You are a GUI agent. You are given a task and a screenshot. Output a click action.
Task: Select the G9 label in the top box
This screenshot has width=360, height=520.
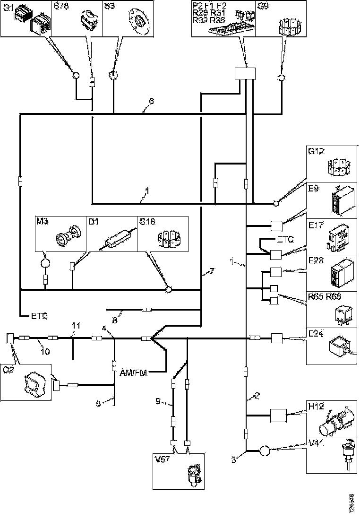(x=264, y=7)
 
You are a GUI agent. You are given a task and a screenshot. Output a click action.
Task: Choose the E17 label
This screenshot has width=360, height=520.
(x=315, y=226)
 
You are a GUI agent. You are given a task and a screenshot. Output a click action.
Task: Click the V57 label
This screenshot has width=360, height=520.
(x=162, y=458)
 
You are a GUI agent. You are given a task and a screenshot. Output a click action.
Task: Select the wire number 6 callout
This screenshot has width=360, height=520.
(x=151, y=101)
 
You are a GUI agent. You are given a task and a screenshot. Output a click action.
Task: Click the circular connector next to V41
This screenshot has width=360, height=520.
(x=264, y=451)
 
